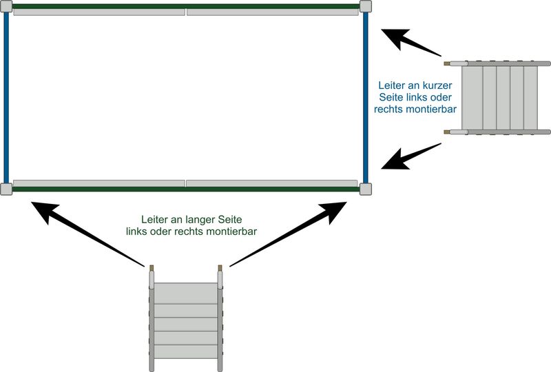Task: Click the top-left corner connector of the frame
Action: pyautogui.click(x=6, y=7)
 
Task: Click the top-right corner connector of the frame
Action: pyautogui.click(x=365, y=7)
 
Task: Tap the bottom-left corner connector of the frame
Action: pyautogui.click(x=6, y=189)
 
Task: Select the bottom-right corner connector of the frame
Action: pyautogui.click(x=365, y=189)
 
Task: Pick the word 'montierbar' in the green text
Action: pyautogui.click(x=233, y=231)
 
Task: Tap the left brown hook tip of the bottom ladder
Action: pyautogui.click(x=152, y=267)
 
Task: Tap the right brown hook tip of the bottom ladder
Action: pyautogui.click(x=219, y=267)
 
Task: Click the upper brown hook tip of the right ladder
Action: pyautogui.click(x=447, y=63)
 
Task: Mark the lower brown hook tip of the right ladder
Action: pyautogui.click(x=447, y=131)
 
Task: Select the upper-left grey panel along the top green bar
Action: pyautogui.click(x=99, y=12)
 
